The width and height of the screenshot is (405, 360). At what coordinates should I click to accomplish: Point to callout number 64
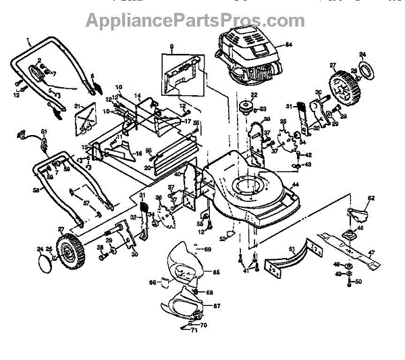(x=288, y=45)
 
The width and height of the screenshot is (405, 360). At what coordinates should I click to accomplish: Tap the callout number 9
(x=171, y=48)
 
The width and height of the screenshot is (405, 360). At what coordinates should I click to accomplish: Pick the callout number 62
(x=371, y=199)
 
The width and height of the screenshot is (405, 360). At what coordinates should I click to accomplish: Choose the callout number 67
(x=216, y=306)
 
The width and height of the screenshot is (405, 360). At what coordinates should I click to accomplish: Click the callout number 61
(x=44, y=131)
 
